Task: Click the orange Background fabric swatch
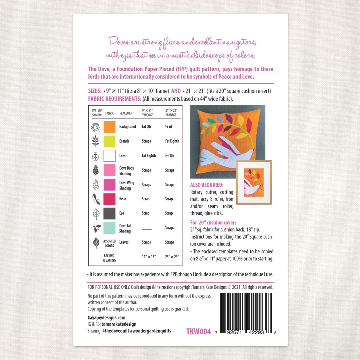tap(109, 127)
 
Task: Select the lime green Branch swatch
tap(109, 141)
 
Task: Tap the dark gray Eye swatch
tap(109, 213)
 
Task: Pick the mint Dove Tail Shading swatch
tap(109, 228)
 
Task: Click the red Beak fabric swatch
tap(109, 199)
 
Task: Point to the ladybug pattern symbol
tap(96, 156)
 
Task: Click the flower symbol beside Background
tap(96, 127)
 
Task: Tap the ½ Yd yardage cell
tap(168, 127)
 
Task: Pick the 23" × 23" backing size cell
tap(172, 257)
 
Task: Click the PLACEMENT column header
tap(127, 113)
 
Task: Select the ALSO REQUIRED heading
tap(207, 185)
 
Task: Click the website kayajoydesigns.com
tap(106, 317)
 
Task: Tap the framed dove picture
tap(254, 182)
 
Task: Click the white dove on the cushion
tap(227, 153)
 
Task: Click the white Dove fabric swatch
tap(109, 156)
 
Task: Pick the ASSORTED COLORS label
tap(109, 243)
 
